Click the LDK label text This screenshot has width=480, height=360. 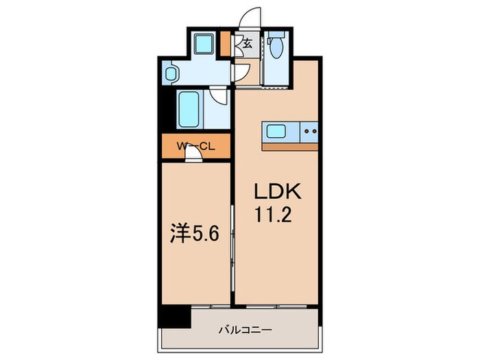click(273, 191)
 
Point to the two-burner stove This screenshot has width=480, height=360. click(310, 131)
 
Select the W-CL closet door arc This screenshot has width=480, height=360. click(195, 154)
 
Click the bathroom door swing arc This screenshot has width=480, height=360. click(219, 95)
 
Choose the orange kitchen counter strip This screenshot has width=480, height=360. click(290, 146)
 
